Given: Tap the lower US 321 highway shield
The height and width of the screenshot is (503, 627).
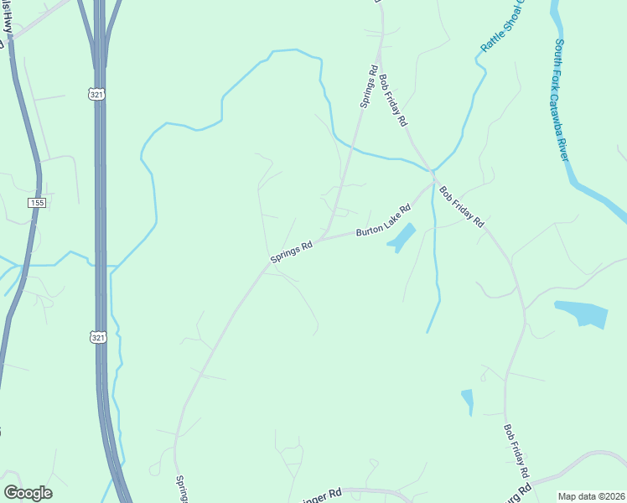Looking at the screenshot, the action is [x=97, y=336].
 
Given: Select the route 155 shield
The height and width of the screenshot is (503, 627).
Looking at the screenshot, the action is [x=36, y=203].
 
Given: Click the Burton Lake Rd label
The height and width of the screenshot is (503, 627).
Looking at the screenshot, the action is [x=383, y=221].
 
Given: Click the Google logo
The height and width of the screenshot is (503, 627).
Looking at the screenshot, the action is [x=28, y=493].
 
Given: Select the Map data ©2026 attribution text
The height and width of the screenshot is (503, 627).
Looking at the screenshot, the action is [x=592, y=496].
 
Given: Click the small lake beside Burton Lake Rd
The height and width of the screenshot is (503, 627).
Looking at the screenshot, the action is [x=402, y=237].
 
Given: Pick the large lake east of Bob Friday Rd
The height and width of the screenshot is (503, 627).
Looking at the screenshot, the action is [x=583, y=314].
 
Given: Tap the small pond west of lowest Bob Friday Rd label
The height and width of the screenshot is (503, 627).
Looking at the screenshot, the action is [x=467, y=401].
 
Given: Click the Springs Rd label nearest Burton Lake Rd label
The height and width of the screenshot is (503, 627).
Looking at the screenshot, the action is [x=292, y=252].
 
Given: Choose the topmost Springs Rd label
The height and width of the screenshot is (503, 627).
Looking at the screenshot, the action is [x=369, y=87].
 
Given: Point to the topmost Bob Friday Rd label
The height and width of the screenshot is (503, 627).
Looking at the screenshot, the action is [x=392, y=101].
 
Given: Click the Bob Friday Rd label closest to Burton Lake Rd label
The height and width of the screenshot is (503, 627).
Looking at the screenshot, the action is [x=462, y=207].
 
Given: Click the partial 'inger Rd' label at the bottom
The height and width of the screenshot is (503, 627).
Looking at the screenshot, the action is [x=321, y=495].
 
